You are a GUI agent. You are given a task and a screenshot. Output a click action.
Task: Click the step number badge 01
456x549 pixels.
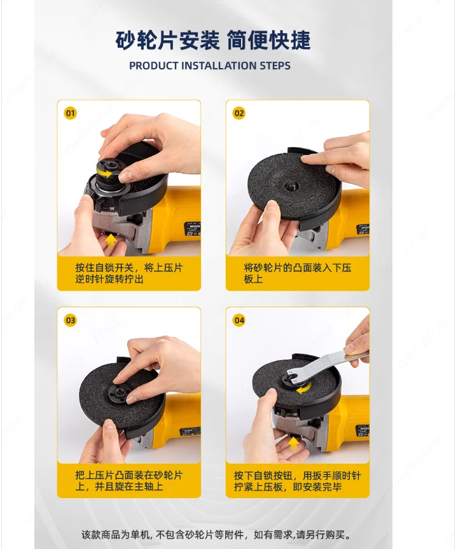point(71,113)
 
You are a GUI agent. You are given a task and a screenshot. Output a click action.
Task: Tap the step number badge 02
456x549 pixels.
point(239,113)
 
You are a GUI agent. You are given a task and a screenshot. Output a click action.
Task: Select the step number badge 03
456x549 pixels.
point(71,321)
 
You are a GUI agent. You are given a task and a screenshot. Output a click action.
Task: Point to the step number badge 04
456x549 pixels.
point(239,321)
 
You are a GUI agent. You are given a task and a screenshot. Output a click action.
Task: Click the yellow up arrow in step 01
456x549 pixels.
point(111,240)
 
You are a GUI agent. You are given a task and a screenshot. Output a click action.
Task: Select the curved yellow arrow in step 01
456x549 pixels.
point(105,173)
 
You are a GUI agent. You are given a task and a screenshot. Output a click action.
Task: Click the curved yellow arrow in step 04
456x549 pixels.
point(303,389)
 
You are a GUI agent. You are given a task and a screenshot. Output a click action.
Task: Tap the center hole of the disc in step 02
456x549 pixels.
point(289,185)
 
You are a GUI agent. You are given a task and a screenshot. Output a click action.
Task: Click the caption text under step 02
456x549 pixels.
point(298,274)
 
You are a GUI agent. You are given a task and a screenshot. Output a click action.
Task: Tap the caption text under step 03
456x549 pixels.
point(129,481)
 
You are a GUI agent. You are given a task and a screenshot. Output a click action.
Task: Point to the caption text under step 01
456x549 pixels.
point(129,274)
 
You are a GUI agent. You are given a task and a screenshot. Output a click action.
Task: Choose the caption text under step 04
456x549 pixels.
point(298,481)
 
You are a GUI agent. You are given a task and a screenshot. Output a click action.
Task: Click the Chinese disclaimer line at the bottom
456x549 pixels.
point(216,534)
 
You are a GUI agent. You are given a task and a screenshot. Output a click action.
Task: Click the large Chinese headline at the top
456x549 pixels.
point(213,40)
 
